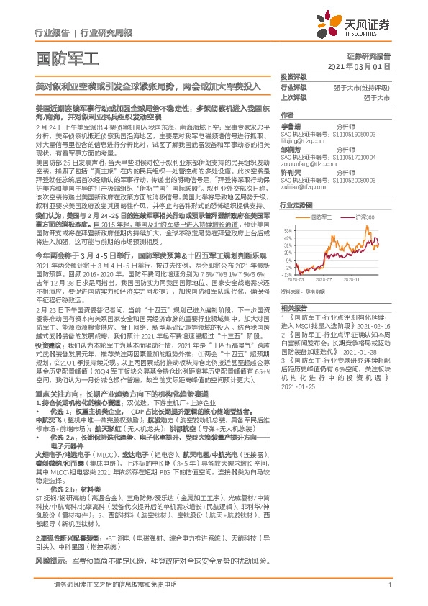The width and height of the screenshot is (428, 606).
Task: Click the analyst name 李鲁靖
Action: (291, 125)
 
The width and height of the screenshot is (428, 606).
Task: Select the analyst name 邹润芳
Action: (291, 148)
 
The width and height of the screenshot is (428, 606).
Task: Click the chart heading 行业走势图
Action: (296, 205)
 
